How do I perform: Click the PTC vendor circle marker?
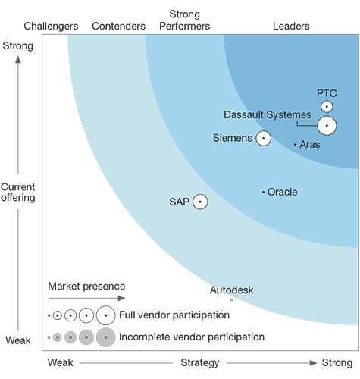327,107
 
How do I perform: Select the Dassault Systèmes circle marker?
327,125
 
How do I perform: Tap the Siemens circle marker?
263,138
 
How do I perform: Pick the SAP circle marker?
199,202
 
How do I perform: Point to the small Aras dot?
295,144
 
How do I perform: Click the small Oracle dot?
263,193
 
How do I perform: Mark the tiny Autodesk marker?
232,299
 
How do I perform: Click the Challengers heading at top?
51,27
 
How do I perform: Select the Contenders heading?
118,27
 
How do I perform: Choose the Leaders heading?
291,27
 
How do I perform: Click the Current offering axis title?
18,192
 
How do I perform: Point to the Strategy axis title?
200,363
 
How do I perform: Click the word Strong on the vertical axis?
18,46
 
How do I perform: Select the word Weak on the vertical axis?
18,341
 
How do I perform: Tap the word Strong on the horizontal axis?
337,363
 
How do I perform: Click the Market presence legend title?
86,287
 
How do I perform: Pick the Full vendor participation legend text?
174,315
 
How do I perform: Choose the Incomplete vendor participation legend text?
192,337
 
